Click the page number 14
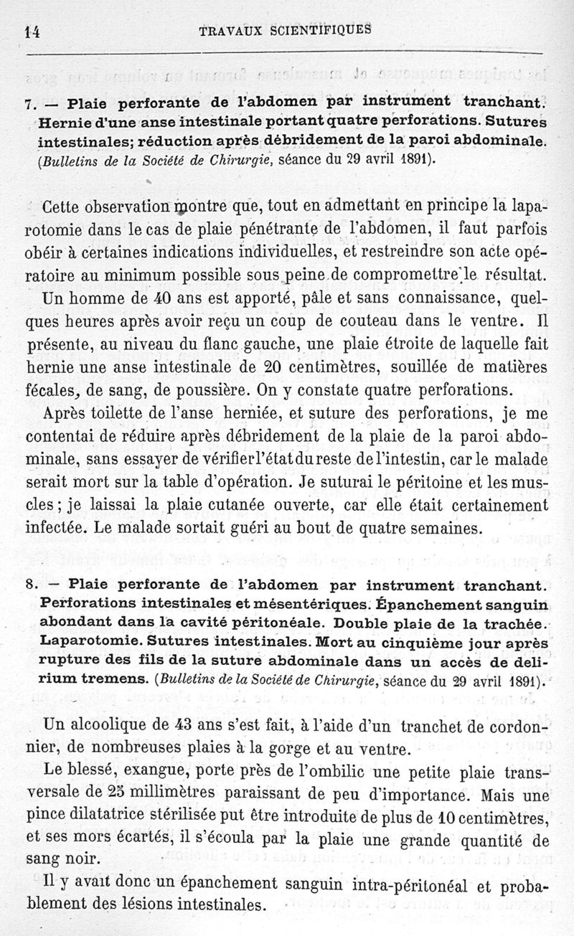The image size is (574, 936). (x=31, y=30)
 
